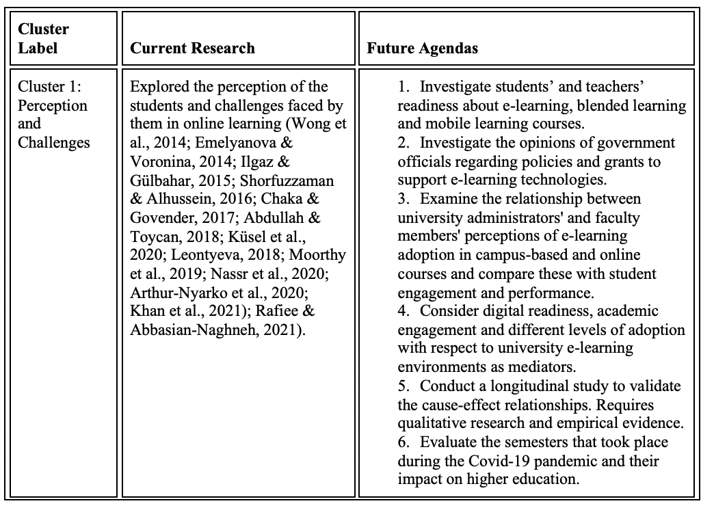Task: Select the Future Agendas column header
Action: (422, 48)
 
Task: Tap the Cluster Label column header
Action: (43, 39)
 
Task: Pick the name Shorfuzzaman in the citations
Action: (291, 180)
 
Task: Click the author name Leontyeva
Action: (250, 254)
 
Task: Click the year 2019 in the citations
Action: (178, 273)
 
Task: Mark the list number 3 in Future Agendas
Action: (403, 199)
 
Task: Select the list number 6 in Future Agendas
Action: (403, 442)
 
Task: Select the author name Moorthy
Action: (319, 254)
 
